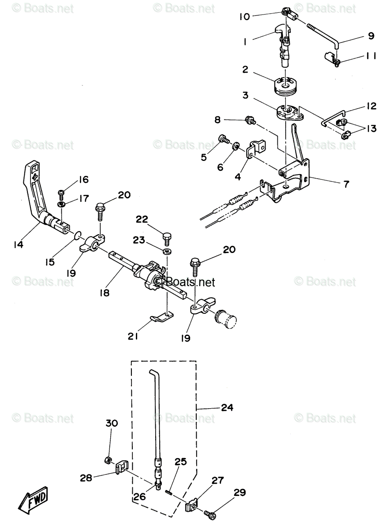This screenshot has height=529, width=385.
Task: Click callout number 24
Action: [227, 408]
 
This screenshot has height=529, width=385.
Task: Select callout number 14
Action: [18, 244]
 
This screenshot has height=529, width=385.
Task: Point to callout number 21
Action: [133, 336]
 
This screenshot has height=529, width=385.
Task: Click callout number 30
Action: [112, 423]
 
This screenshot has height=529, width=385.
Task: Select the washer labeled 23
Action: [168, 251]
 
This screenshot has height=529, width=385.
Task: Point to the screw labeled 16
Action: [61, 193]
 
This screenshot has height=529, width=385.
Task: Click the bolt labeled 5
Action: [223, 140]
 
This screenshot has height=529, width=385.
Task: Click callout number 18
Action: [105, 292]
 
